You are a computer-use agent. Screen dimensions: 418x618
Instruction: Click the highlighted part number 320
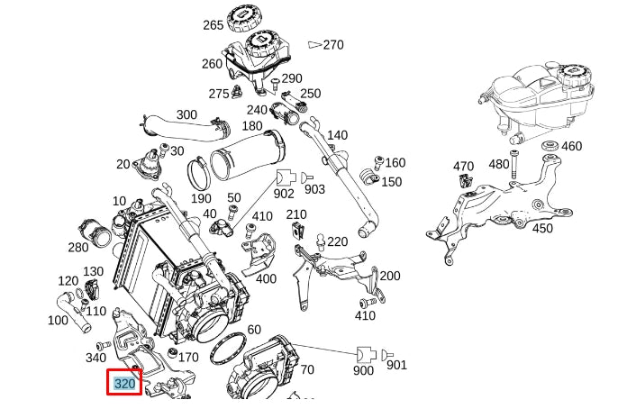point(124,383)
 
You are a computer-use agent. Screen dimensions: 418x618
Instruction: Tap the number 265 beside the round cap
point(213,24)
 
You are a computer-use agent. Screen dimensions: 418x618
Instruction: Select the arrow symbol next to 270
point(314,43)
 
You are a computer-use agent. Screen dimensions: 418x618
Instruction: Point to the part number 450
point(542,229)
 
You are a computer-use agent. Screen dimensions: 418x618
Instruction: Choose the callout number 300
point(186,115)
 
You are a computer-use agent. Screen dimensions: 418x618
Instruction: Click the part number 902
point(284,192)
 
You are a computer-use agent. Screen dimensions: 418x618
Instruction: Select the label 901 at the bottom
point(396,365)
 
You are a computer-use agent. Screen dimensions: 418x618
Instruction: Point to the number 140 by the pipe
point(337,135)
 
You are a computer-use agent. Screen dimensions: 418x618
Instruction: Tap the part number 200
point(389,276)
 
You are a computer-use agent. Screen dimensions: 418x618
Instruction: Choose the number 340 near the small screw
point(95,358)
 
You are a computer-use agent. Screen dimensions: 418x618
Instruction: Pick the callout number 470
point(463,167)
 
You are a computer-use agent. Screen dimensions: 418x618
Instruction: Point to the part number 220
point(337,241)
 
